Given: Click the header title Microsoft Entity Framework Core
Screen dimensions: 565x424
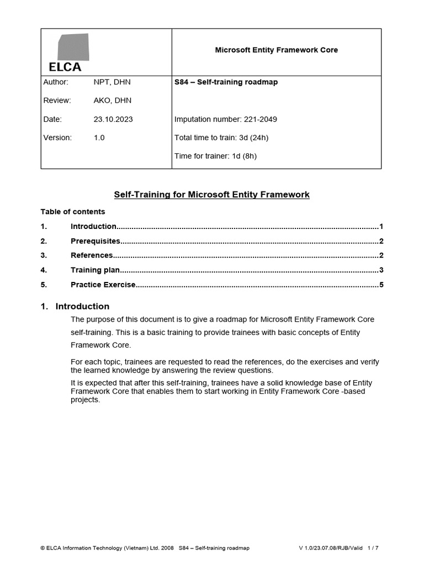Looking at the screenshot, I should (276, 50).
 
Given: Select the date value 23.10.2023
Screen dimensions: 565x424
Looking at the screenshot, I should (113, 119).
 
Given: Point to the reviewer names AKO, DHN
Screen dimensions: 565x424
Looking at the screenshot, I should (113, 100).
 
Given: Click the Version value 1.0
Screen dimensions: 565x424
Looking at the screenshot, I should (99, 138).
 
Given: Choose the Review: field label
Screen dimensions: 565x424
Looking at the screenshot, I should (57, 100).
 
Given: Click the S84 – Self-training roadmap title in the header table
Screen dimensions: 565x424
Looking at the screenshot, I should (226, 82).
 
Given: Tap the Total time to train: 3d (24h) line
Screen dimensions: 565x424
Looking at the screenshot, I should (221, 138).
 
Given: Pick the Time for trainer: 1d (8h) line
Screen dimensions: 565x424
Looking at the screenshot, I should (215, 156).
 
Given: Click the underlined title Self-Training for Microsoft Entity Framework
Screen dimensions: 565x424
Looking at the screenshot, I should (211, 195).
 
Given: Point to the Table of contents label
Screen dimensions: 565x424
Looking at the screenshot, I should (72, 212).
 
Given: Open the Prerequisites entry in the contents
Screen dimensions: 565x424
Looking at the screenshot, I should (95, 241).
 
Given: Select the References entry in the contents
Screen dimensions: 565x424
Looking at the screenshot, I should (92, 255).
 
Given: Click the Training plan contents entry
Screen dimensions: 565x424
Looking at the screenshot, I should (95, 270).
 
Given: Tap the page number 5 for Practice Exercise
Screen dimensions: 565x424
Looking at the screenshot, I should (381, 285).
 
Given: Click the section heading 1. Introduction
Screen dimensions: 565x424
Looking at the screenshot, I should (75, 306).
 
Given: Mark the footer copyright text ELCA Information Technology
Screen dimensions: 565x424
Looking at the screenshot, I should (107, 548).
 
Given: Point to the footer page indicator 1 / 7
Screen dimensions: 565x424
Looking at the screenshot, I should (372, 548).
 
